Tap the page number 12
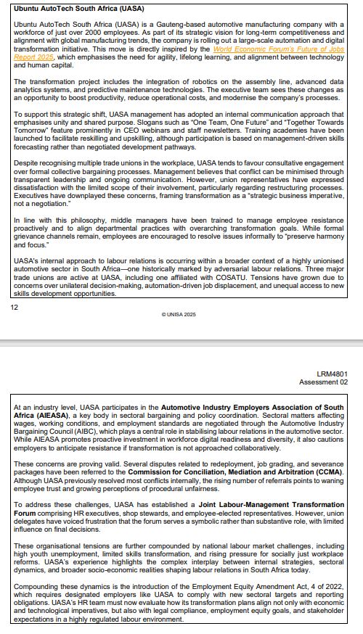tap(14, 307)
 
